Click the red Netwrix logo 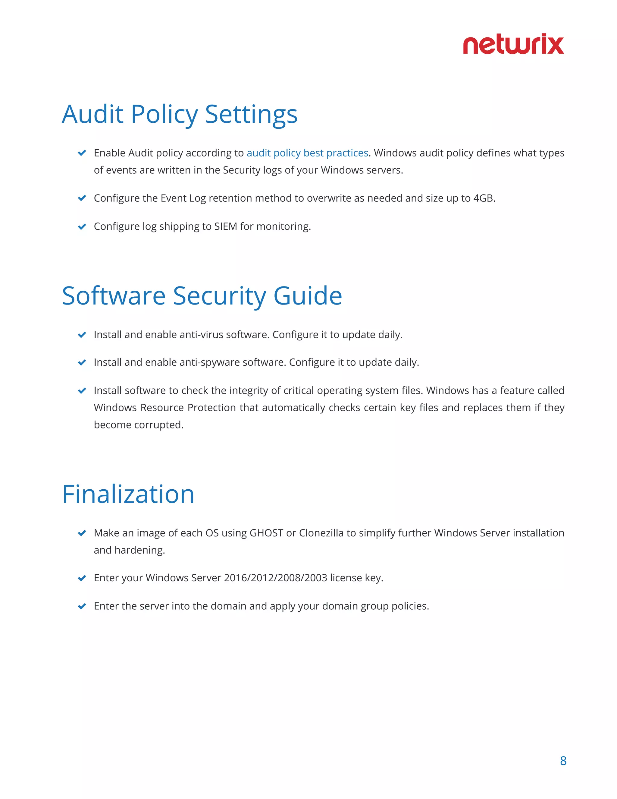coord(513,44)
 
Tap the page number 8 coord(563,761)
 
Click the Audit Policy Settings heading coord(180,114)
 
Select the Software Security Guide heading coord(202,295)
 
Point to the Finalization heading coord(128,494)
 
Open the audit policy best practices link coord(307,153)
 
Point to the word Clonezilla coord(321,533)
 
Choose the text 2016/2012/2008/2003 coord(275,578)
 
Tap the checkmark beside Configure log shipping coord(82,227)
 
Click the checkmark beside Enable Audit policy coord(82,153)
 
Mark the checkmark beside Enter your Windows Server coord(82,578)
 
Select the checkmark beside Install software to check coord(82,391)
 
